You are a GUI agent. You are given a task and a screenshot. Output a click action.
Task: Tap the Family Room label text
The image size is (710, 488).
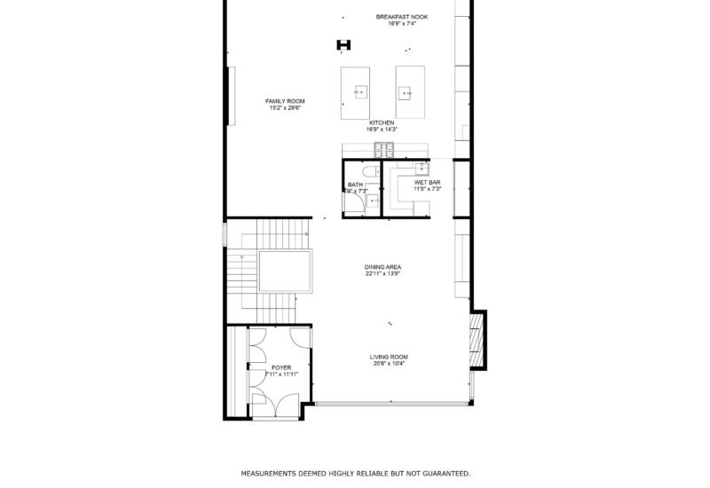point(285,101)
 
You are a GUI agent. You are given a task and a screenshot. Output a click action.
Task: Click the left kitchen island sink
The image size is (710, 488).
point(361,91)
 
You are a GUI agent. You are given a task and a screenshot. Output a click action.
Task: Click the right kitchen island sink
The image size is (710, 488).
point(407,91)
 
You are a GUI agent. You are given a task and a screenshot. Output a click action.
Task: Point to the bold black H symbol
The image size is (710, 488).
point(344,45)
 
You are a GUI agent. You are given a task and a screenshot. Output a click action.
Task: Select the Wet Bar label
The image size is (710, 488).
point(427,182)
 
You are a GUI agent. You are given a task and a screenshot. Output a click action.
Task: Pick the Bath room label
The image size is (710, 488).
point(355,185)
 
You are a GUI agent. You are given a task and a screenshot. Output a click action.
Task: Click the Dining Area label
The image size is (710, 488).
point(383,266)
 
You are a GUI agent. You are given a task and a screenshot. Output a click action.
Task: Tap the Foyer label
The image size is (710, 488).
point(281,366)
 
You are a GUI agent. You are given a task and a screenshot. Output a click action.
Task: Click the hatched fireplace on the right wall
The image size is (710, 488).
point(477,339)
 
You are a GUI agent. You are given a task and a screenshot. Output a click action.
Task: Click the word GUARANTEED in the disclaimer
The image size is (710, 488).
point(438,474)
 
